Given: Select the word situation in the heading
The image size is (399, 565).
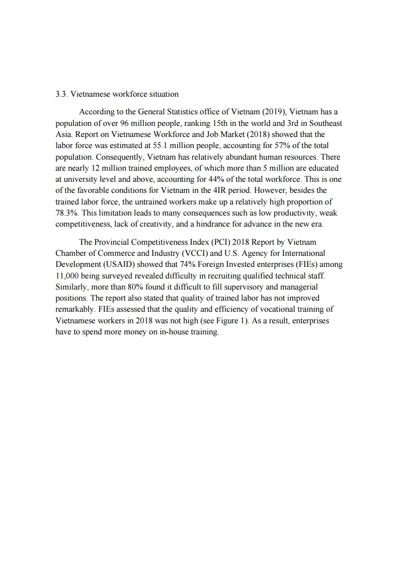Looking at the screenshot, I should click(163, 94).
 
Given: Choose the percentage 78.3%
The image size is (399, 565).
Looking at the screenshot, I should click(66, 214).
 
